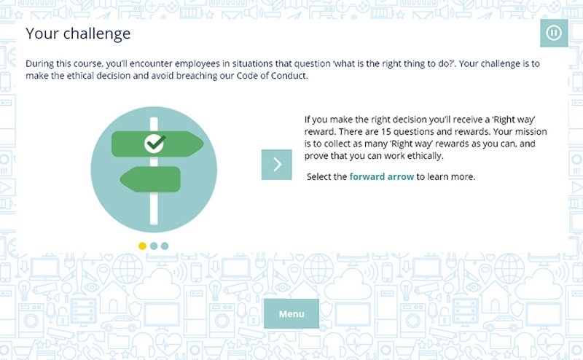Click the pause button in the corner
click(554, 33)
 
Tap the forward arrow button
click(277, 165)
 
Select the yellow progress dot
click(142, 246)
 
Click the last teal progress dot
click(165, 246)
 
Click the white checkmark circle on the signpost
click(154, 144)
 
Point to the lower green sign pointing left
click(151, 179)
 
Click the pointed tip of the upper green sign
click(203, 144)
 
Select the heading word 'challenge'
click(97, 34)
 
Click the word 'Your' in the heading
click(42, 34)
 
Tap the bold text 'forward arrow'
click(381, 176)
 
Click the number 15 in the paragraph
click(386, 132)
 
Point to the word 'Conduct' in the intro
click(289, 76)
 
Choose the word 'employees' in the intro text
click(197, 64)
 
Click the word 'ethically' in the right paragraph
click(426, 156)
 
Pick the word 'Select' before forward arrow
click(319, 176)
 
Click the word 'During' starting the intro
click(39, 64)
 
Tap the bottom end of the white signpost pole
click(154, 224)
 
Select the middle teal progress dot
click(154, 246)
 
